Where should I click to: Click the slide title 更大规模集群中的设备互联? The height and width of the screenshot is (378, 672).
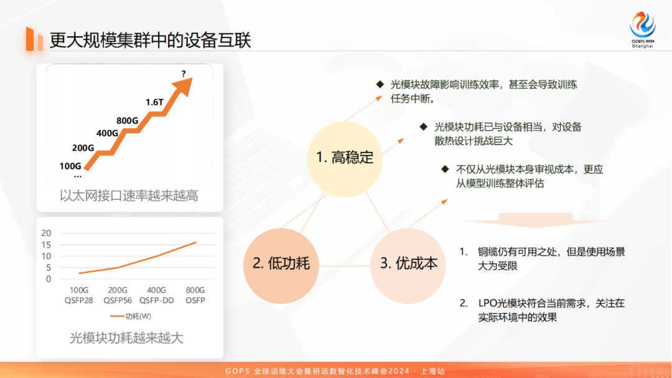(x=151, y=40)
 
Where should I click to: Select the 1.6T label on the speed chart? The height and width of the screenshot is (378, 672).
(x=155, y=102)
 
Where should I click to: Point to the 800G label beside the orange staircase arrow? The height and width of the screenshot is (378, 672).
(x=127, y=120)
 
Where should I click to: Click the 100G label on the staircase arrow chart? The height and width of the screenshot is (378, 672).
(x=70, y=166)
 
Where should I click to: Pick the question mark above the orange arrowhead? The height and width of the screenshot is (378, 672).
(x=184, y=74)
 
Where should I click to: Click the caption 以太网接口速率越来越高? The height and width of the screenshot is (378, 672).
(x=129, y=196)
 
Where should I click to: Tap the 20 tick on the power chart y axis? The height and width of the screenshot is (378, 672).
(x=45, y=233)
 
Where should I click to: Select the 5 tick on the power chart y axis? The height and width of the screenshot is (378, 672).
(x=48, y=267)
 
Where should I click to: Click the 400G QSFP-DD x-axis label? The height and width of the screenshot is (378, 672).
(x=156, y=295)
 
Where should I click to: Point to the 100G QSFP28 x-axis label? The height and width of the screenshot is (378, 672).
(x=79, y=295)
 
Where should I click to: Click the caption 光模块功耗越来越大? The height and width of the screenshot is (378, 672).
(x=127, y=338)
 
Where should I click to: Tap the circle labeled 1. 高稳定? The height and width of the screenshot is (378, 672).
(x=344, y=158)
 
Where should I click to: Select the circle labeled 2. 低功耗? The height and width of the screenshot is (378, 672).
(x=280, y=263)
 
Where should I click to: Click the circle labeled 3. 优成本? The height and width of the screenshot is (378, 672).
(x=408, y=263)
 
